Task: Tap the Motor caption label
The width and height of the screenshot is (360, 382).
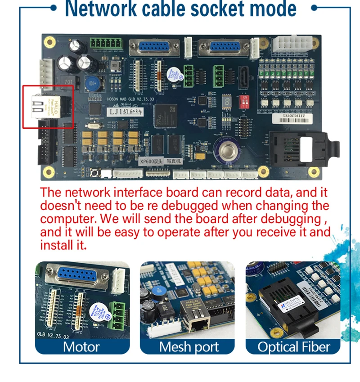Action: click(82, 347)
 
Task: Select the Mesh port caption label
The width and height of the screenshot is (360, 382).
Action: click(189, 347)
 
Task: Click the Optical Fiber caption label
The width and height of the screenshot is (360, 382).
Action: click(293, 347)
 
